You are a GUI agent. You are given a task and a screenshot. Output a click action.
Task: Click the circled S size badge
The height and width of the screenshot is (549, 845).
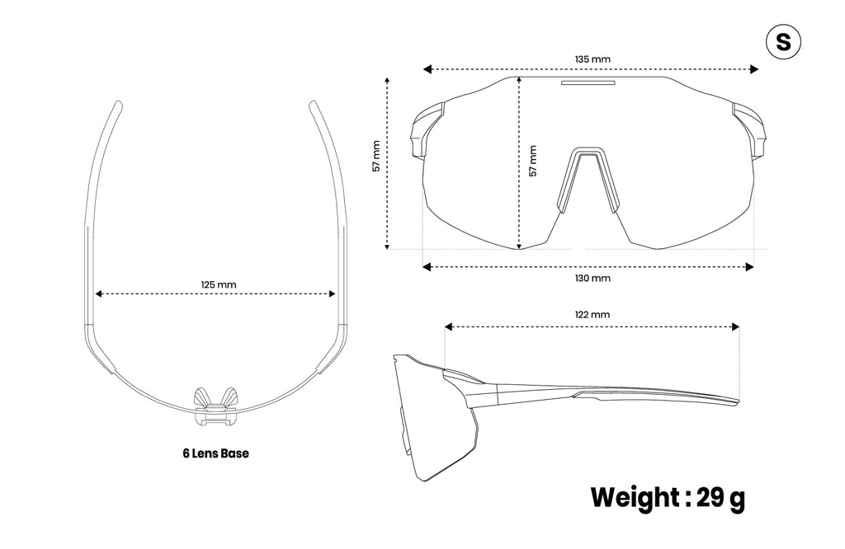click(x=783, y=42)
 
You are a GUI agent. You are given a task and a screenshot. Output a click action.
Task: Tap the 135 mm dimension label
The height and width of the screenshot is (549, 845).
click(x=592, y=59)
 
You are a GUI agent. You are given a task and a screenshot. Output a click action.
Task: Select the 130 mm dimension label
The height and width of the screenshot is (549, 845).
click(x=592, y=279)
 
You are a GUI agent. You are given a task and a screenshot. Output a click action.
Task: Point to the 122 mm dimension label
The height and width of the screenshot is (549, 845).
click(x=592, y=314)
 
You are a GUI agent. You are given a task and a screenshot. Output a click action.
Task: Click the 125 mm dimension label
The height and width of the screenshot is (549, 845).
click(x=219, y=284)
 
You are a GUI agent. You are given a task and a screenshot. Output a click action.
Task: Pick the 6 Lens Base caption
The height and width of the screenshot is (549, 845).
click(x=215, y=453)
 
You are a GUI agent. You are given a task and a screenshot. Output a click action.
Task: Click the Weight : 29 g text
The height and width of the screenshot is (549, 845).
click(x=668, y=498)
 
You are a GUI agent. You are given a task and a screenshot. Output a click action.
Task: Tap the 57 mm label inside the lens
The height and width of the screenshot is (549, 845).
click(x=532, y=161)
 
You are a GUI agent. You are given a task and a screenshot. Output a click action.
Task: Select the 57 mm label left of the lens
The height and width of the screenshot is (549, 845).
click(x=376, y=156)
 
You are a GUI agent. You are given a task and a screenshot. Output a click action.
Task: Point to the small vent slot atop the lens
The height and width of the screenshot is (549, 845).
click(x=588, y=83)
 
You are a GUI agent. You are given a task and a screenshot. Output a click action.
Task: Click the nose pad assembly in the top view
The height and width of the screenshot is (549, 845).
click(x=215, y=407)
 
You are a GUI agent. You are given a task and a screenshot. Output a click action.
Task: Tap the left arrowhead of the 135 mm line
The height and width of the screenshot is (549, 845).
click(x=427, y=69)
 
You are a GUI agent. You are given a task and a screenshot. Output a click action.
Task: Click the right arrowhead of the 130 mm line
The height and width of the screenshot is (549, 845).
click(x=749, y=267)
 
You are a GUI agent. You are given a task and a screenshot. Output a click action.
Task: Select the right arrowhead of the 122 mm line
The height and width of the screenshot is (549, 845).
click(x=735, y=326)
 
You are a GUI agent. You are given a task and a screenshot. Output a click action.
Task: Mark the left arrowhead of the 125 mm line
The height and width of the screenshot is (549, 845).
click(x=99, y=294)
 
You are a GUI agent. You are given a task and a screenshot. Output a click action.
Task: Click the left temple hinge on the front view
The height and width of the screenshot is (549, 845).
click(x=426, y=130)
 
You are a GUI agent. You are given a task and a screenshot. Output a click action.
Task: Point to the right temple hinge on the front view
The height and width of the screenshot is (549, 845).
click(x=748, y=130)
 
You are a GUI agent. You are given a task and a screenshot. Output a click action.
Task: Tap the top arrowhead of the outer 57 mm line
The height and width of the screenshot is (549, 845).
click(x=387, y=81)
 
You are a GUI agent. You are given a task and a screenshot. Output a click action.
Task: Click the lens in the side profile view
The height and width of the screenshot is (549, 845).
click(x=434, y=420)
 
